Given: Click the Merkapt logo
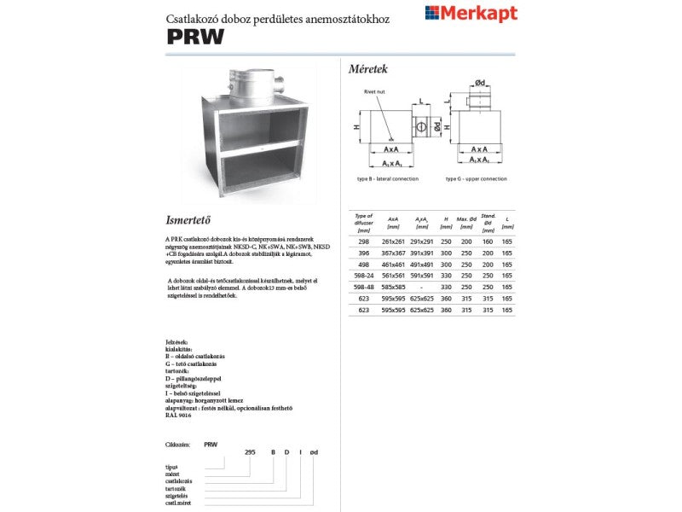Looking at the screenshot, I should point(471,13).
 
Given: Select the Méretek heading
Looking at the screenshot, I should point(369,68).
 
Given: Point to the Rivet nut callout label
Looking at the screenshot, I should point(374,90).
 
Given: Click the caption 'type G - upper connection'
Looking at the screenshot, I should point(476,179).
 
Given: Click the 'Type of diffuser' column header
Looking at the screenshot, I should point(364,223).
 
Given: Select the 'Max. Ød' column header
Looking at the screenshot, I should point(466,224).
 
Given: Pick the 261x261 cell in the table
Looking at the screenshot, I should point(393,241).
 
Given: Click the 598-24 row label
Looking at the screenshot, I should point(364,276).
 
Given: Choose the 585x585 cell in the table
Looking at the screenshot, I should point(393,288).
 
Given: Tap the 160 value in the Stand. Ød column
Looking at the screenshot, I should point(488,241).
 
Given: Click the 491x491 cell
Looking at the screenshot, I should point(421,265).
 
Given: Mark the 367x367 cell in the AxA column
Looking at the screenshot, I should point(393,253).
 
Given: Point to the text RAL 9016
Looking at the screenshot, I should point(180,415).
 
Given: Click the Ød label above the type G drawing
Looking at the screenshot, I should point(481,83).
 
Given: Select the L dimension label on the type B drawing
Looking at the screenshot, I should point(421,102).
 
